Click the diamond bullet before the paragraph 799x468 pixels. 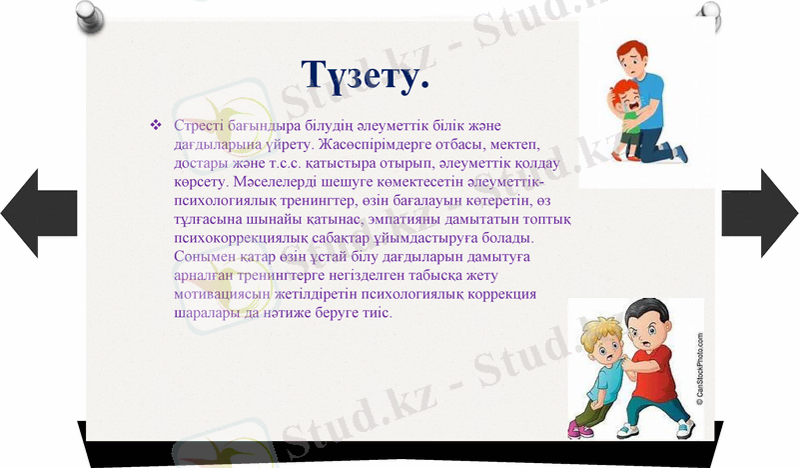155,125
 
